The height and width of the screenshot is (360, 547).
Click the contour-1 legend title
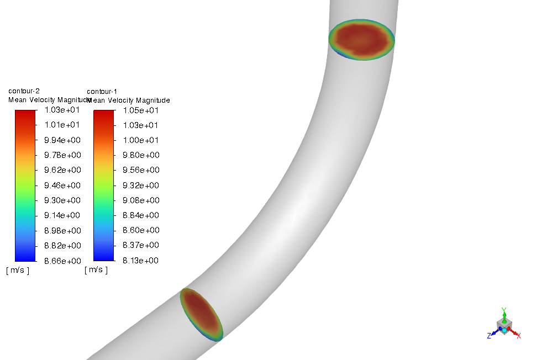point(102,91)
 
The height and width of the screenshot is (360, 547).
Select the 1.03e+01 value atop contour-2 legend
point(62,110)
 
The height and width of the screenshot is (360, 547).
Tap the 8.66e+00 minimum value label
point(62,261)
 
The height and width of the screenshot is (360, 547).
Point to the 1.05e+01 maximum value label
point(140,110)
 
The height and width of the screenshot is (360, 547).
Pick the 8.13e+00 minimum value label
point(140,261)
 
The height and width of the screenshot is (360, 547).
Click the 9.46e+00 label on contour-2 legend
point(62,186)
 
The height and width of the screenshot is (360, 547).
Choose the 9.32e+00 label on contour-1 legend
point(140,186)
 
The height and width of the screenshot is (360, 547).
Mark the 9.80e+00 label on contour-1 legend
point(140,155)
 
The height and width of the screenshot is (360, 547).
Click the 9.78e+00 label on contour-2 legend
point(62,155)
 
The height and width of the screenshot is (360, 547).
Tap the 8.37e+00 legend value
point(140,245)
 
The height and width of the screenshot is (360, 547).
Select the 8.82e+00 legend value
point(62,245)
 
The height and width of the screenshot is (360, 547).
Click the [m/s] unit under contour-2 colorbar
point(18,271)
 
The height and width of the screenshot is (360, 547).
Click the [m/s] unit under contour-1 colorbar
point(96,270)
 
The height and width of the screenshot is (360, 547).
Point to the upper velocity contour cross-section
point(361,40)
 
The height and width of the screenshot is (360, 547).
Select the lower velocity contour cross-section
point(201,314)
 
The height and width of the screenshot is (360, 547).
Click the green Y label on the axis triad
point(503,310)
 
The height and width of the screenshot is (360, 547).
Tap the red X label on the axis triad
point(519,335)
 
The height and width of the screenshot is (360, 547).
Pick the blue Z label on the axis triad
point(489,335)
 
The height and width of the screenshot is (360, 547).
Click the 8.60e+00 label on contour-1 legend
point(140,230)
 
